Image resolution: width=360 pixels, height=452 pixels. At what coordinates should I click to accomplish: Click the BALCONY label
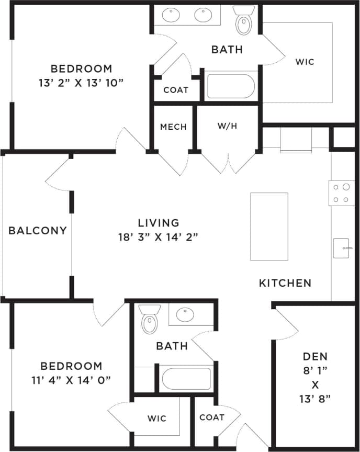point(38,230)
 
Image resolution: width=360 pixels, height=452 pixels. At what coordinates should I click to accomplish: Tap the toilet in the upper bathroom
point(243,22)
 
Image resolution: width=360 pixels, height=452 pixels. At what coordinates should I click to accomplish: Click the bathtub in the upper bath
point(230,86)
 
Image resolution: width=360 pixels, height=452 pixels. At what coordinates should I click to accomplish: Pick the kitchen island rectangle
point(269,227)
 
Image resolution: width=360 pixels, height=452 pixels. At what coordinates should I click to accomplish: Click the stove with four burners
point(342,193)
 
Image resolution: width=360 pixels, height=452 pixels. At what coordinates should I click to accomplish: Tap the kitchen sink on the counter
point(341,248)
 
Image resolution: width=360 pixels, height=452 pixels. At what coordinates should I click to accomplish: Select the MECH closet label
point(173,127)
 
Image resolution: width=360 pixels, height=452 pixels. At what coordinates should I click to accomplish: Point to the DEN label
point(315,356)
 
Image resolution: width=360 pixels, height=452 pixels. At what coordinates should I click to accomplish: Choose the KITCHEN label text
point(285,283)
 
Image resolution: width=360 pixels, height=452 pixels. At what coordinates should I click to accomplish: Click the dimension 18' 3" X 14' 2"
point(159,236)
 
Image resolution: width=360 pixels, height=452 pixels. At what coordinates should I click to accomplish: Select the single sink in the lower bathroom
point(186,314)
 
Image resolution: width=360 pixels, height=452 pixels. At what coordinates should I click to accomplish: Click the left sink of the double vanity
point(171,15)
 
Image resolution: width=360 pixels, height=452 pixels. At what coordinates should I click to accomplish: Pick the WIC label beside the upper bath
point(305,62)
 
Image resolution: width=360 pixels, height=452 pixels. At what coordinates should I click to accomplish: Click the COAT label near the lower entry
point(212,417)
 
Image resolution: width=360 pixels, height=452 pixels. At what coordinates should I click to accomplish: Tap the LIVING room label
point(159,223)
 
